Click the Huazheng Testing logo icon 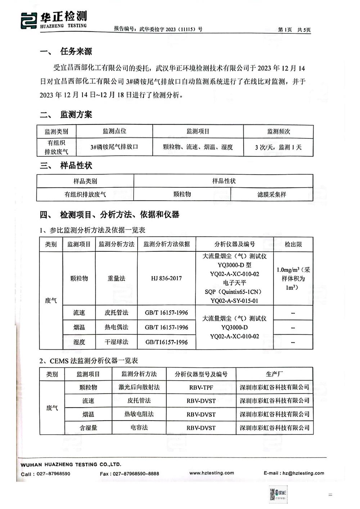(29, 20)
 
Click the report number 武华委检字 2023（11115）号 (158, 29)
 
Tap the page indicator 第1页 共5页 (294, 30)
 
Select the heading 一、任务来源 (66, 51)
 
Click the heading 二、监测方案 (66, 115)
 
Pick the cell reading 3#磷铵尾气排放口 (114, 147)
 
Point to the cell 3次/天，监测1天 (278, 147)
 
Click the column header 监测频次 (278, 131)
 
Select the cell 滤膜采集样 (271, 194)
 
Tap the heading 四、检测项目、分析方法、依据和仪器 (109, 215)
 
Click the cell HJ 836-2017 (166, 278)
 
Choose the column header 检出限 (293, 244)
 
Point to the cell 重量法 (116, 278)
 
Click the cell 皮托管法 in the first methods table (116, 313)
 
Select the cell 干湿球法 (116, 342)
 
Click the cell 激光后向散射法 (139, 387)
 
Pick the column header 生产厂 (274, 374)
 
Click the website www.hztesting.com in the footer (212, 473)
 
